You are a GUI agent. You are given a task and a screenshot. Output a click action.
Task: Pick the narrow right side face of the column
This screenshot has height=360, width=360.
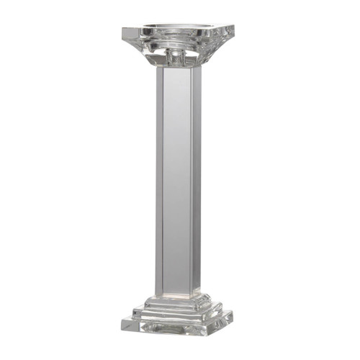pos(196,180)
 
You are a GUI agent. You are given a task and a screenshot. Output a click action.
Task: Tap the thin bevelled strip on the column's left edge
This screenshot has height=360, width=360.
pos(158,180)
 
